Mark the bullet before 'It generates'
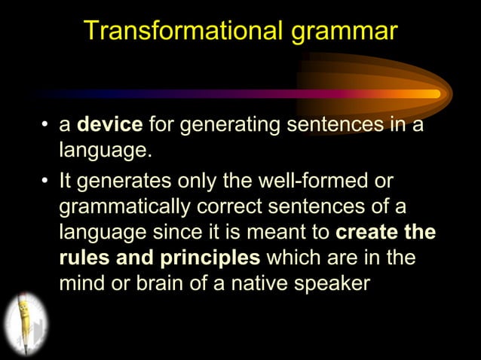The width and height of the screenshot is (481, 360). [46, 179]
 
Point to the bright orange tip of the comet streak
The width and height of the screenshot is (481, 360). [434, 94]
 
